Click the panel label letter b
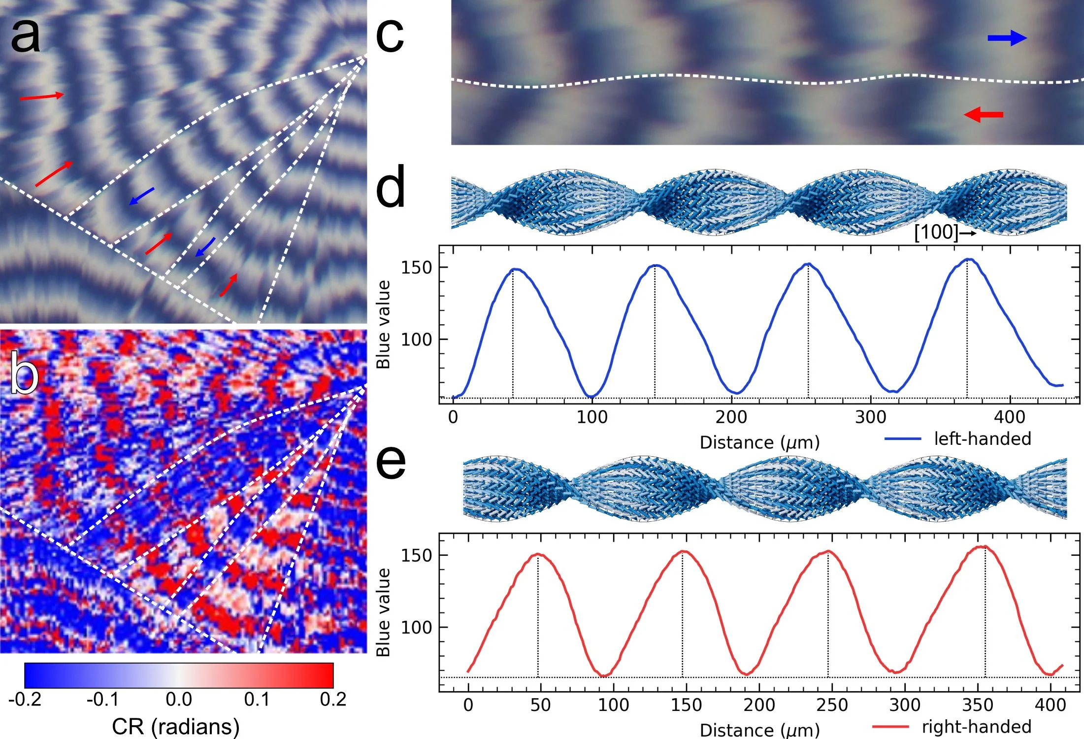click(x=25, y=372)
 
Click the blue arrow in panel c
click(x=1007, y=38)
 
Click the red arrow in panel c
click(x=984, y=115)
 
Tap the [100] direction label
click(x=936, y=232)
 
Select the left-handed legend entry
click(x=958, y=438)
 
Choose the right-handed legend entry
click(x=952, y=727)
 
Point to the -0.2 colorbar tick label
click(x=25, y=700)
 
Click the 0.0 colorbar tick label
click(x=179, y=700)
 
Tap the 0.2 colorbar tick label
click(x=333, y=700)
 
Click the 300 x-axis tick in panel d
click(x=871, y=417)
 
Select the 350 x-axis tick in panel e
click(x=978, y=705)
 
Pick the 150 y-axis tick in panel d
click(x=417, y=268)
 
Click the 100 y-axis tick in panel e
click(x=417, y=627)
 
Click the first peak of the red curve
click(x=538, y=554)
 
